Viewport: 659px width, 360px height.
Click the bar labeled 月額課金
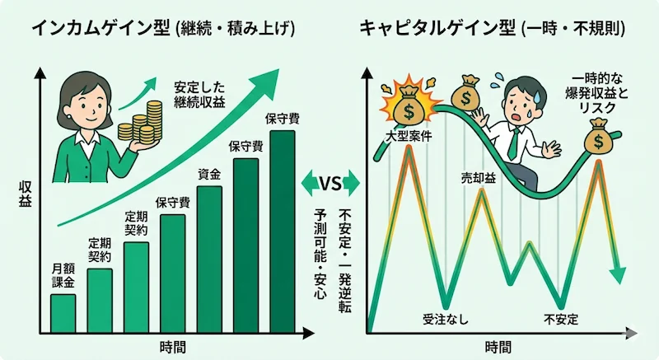click(63, 311)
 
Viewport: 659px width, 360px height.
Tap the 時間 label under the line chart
click(498, 346)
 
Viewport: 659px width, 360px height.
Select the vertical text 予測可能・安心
click(320, 253)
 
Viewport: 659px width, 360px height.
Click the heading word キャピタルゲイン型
click(437, 27)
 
